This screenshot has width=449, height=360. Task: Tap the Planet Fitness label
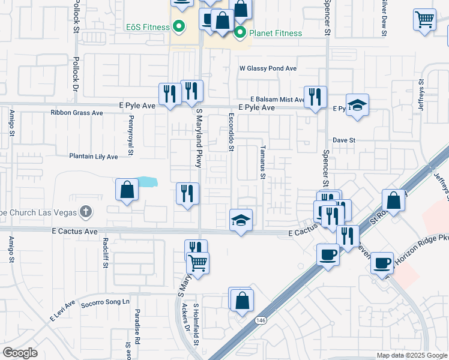coord(276,33)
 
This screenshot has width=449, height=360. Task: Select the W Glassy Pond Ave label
coord(268,68)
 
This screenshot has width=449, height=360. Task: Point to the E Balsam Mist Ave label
coord(277,99)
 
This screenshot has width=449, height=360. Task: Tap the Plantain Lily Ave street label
coord(93,157)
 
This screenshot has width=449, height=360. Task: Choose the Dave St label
coord(345,140)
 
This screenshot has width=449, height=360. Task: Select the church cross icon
coord(86,211)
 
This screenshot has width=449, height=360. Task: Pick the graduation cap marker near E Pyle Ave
coord(358,105)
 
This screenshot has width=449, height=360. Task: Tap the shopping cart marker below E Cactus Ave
coord(199,262)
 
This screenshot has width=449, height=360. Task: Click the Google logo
coord(20,353)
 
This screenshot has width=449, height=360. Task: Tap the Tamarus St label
coord(262,161)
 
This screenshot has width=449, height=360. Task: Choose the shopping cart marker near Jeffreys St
coord(424,19)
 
